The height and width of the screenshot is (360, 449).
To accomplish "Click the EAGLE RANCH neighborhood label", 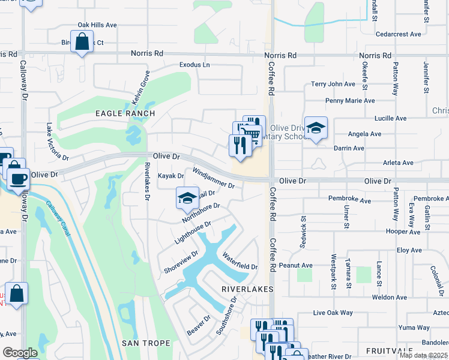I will pyautogui.click(x=125, y=113).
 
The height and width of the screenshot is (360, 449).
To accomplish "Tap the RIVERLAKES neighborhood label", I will pyautogui.click(x=247, y=289).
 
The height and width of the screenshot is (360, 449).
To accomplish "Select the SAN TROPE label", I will pyautogui.click(x=146, y=343).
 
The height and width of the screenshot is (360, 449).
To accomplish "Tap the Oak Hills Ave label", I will pyautogui.click(x=97, y=25).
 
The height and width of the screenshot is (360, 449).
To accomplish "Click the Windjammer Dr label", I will pyautogui.click(x=212, y=178).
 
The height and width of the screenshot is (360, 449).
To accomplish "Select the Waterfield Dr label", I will pyautogui.click(x=240, y=262).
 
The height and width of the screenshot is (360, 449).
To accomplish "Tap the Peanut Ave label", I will pyautogui.click(x=299, y=265).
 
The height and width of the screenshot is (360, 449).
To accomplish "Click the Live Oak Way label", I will pyautogui.click(x=333, y=313).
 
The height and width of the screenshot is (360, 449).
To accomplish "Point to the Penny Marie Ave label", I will pyautogui.click(x=350, y=101).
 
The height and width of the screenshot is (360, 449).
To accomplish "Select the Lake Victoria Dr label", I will pyautogui.click(x=58, y=142).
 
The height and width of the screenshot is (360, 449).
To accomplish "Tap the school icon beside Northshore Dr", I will pyautogui.click(x=187, y=197).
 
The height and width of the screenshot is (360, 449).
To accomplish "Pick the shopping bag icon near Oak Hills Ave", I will pyautogui.click(x=82, y=42).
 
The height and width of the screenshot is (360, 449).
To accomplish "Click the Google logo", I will pyautogui.click(x=20, y=353).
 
